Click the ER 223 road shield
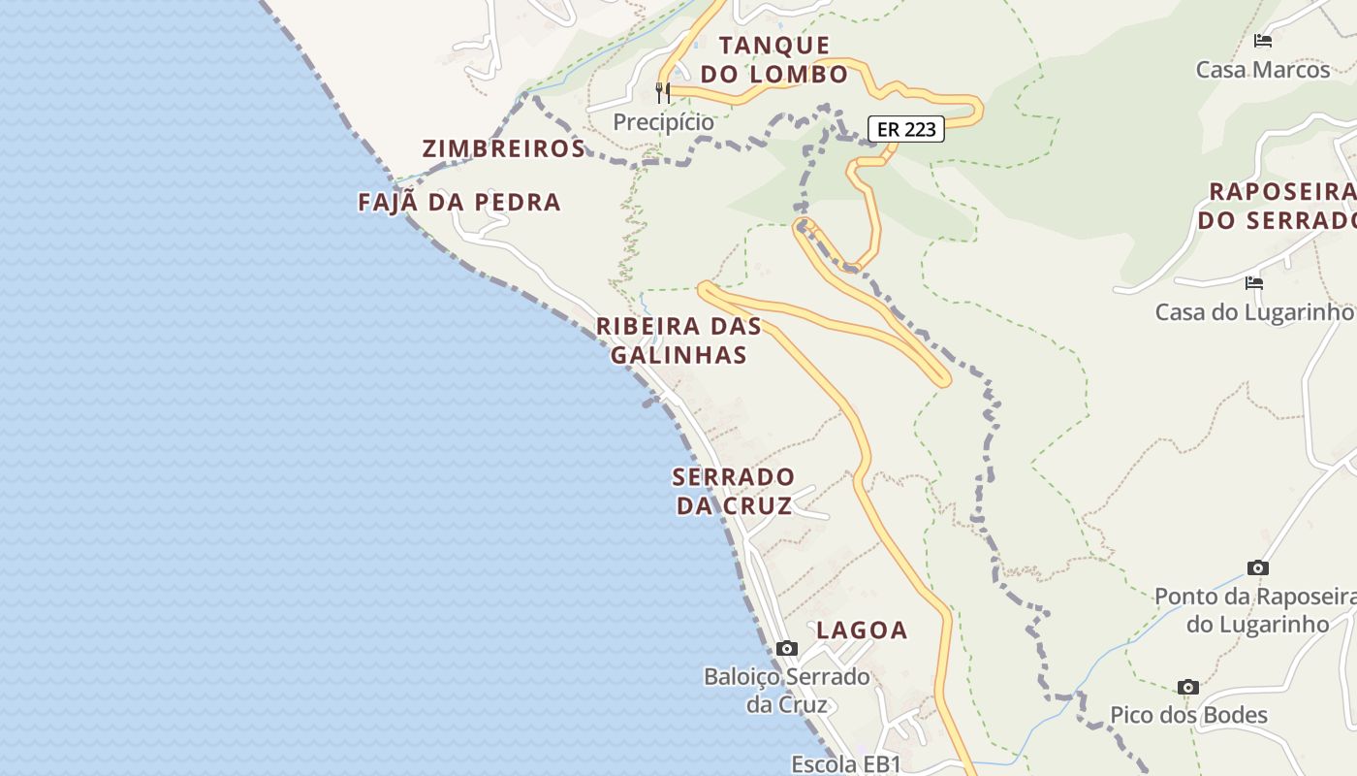[905, 128]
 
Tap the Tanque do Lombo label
[774, 59]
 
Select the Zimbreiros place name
[503, 148]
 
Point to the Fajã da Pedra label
[459, 202]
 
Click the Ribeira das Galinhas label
[678, 339]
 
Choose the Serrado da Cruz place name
[734, 491]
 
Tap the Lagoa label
[862, 630]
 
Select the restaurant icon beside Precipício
[663, 93]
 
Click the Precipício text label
[663, 122]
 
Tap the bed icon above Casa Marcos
[1262, 41]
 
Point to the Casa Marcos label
[1262, 70]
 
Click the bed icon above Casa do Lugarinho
[1253, 283]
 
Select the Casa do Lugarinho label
[1254, 312]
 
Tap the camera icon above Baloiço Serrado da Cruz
[787, 648]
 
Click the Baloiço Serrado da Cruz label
[787, 690]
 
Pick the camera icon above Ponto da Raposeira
[1257, 567]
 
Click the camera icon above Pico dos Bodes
[1188, 687]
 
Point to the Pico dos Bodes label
[1188, 716]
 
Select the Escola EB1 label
[846, 763]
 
